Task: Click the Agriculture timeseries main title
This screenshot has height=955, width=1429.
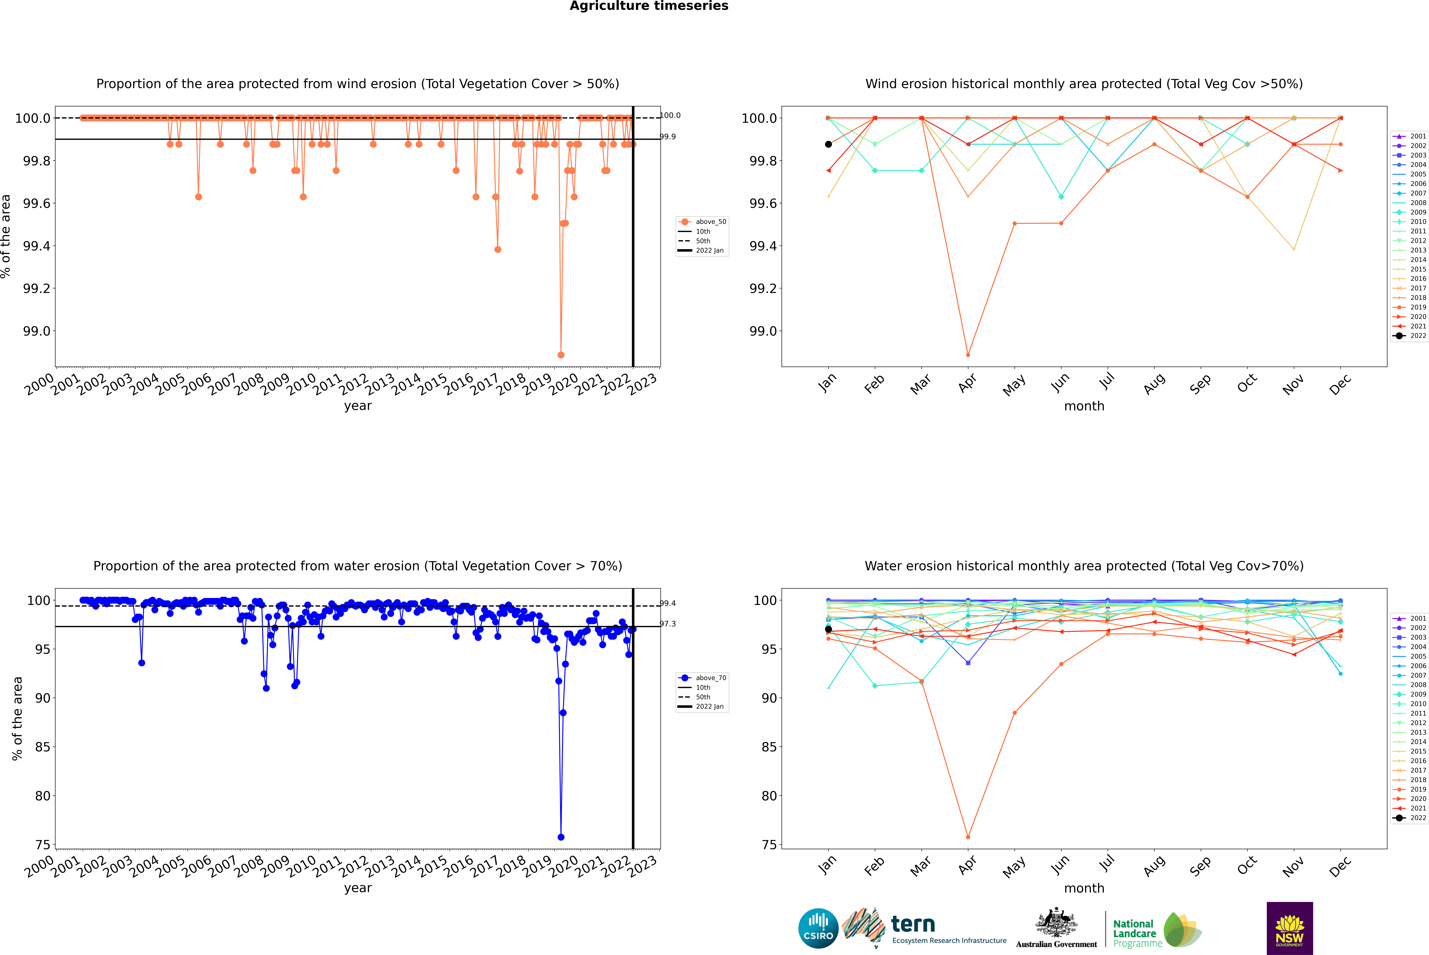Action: click(649, 6)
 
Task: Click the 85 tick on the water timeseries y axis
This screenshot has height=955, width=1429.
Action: click(43, 747)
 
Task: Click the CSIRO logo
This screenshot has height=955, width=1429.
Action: click(818, 928)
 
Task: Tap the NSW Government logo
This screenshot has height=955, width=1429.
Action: click(1289, 928)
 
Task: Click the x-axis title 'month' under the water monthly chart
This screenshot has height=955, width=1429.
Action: click(1084, 888)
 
